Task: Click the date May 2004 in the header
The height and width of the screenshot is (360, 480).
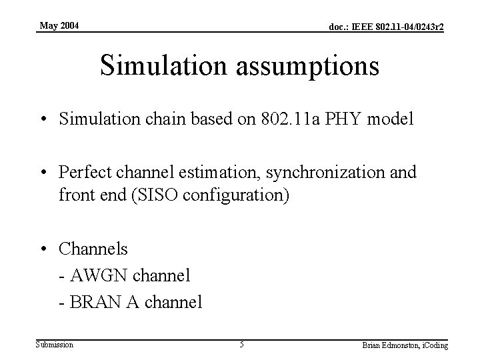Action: click(x=59, y=26)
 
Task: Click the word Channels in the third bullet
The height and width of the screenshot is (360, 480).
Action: click(x=93, y=249)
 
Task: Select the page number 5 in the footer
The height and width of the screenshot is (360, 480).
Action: click(x=242, y=345)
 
